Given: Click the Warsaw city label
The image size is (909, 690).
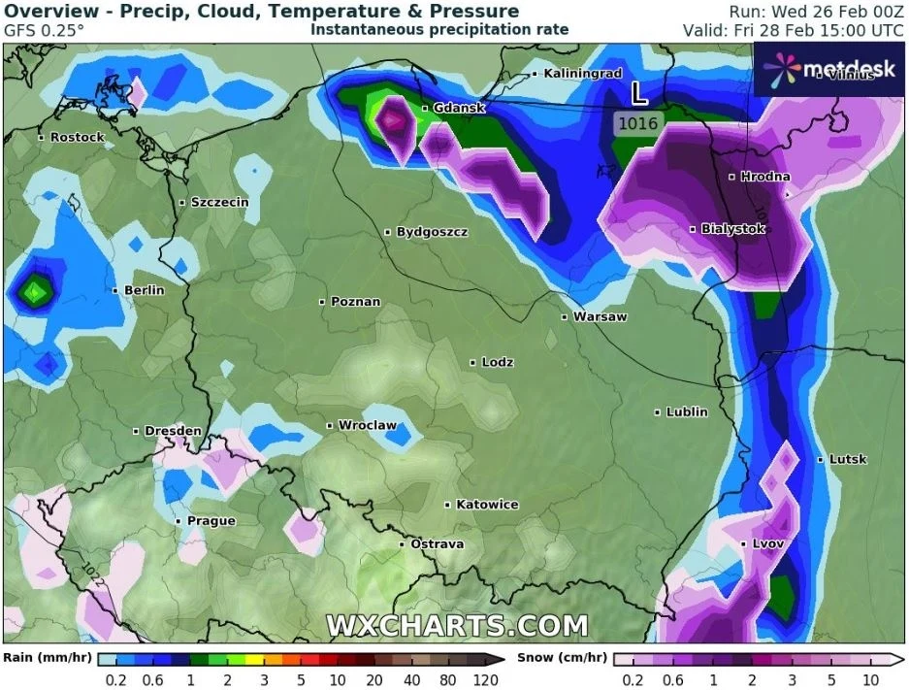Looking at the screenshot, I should (600, 316).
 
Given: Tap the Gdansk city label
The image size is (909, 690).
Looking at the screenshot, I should (459, 108).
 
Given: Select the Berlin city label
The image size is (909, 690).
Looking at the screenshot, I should (144, 290).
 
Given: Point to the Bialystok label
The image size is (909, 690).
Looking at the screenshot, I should (732, 229).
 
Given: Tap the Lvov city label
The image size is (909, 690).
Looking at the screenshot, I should (767, 543).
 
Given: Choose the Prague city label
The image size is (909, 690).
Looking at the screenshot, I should (211, 521).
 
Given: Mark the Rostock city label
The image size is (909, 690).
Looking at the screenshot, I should (77, 137).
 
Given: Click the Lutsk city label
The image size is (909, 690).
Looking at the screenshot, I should (848, 459).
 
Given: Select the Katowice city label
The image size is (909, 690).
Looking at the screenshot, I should (487, 505).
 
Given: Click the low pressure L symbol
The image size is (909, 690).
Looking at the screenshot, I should (639, 94).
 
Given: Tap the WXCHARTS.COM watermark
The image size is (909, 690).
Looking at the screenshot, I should (457, 626).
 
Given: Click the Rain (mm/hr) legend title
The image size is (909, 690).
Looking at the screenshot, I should (47, 657).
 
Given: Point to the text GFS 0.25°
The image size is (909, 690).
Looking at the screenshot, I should (44, 29).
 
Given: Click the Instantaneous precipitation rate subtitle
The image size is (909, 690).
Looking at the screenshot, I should (439, 29).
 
